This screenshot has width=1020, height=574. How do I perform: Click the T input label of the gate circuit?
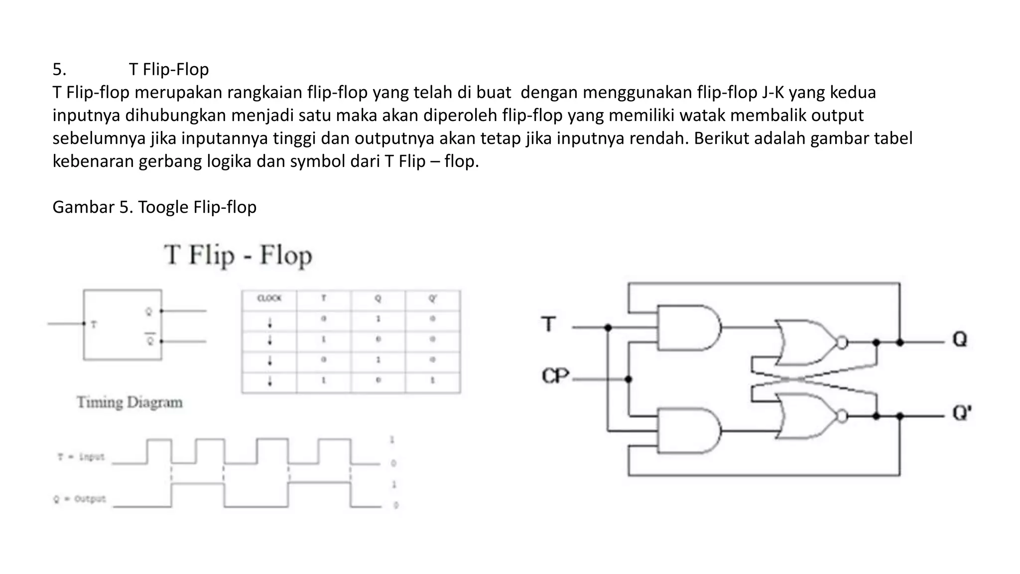pyautogui.click(x=549, y=324)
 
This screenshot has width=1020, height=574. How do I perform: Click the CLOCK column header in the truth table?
pyautogui.click(x=269, y=298)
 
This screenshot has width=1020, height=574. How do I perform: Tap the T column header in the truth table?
pyautogui.click(x=324, y=298)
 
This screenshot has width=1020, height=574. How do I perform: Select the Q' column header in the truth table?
pyautogui.click(x=432, y=298)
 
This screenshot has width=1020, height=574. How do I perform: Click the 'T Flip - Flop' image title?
pyautogui.click(x=238, y=256)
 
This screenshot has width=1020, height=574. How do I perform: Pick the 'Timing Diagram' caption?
pyautogui.click(x=129, y=403)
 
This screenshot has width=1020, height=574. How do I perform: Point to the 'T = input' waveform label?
pyautogui.click(x=81, y=456)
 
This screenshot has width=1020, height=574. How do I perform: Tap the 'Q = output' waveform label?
pyautogui.click(x=80, y=499)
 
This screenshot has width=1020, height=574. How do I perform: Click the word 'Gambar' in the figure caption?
pyautogui.click(x=83, y=207)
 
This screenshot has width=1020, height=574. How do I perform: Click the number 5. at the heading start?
pyautogui.click(x=59, y=69)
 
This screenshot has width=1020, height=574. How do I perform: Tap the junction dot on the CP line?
pyautogui.click(x=629, y=379)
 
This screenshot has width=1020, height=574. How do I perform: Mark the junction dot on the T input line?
pyautogui.click(x=608, y=328)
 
